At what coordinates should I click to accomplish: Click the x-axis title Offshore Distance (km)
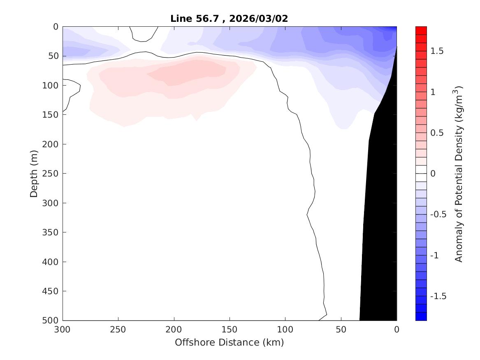pyautogui.click(x=229, y=342)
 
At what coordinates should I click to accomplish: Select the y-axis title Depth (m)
pyautogui.click(x=34, y=173)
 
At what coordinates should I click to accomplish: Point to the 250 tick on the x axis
pyautogui.click(x=118, y=330)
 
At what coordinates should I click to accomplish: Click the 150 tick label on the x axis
pyautogui.click(x=230, y=330)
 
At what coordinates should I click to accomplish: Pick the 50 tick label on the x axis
pyautogui.click(x=341, y=330)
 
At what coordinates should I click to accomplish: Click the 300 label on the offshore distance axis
pyautogui.click(x=63, y=330)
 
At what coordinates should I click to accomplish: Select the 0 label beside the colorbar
pyautogui.click(x=433, y=174)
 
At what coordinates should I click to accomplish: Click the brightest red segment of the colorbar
pyautogui.click(x=421, y=30)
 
